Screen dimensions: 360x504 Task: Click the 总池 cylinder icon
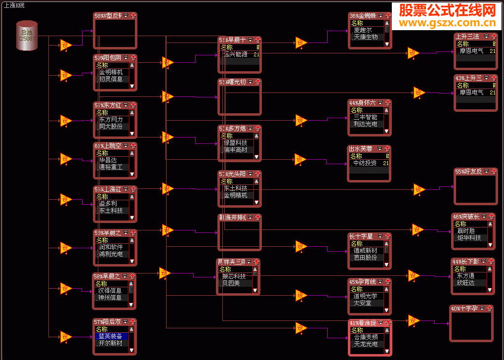tap(27, 36)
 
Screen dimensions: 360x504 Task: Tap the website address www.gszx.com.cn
tap(447, 23)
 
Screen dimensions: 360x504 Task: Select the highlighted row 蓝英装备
tap(111, 336)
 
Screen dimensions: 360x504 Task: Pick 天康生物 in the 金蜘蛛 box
tap(366, 37)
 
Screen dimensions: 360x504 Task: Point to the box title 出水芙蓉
tap(361, 148)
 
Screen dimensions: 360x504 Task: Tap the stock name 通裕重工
tap(111, 167)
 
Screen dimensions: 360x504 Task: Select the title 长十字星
tap(361, 236)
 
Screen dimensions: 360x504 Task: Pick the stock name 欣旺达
tap(465, 283)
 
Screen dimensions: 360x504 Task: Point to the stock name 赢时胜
tap(465, 231)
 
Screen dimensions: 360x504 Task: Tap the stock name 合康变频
tap(366, 337)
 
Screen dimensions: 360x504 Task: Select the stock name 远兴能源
tap(236, 54)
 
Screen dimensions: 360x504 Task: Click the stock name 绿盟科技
tap(236, 143)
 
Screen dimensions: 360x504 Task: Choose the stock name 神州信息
tap(110, 298)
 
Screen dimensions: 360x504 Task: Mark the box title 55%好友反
tap(468, 172)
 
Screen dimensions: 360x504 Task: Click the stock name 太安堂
tap(363, 303)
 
